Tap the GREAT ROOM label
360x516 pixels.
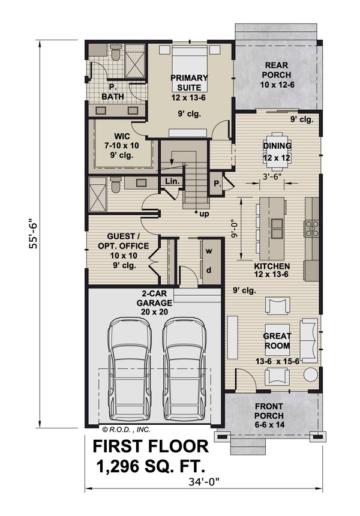pos(277,341)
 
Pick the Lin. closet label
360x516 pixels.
pos(172,181)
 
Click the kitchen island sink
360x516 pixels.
pos(277,226)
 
